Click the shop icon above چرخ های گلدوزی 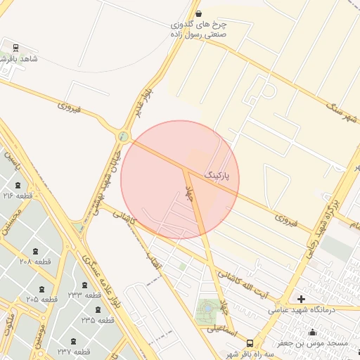pyautogui.click(x=198, y=13)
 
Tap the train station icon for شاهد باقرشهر pyautogui.click(x=15, y=48)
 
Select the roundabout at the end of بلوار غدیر pyautogui.click(x=124, y=136)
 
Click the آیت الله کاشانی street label pyautogui.click(x=243, y=284)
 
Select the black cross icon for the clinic pyautogui.click(x=302, y=299)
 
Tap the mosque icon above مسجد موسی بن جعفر pyautogui.click(x=312, y=332)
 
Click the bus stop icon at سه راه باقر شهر pyautogui.click(x=250, y=343)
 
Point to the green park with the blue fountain pyautogui.click(x=207, y=307)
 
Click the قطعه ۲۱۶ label pyautogui.click(x=19, y=195)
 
